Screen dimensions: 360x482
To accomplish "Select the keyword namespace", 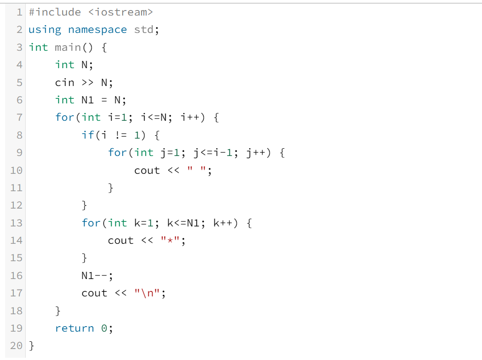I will tap(97, 30).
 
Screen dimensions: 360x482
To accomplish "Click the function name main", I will tap(67, 47).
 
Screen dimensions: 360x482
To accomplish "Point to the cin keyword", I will tap(64, 82).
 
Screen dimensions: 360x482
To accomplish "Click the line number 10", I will tap(16, 170).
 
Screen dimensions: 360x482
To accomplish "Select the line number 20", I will tap(16, 345).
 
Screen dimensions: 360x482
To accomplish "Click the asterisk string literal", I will tap(171, 241).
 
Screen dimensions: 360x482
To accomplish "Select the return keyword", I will tap(74, 328).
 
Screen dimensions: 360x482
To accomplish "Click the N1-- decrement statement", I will tap(97, 276).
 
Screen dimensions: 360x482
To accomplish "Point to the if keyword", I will tap(87, 135).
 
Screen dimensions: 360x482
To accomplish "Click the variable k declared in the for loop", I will tap(137, 223).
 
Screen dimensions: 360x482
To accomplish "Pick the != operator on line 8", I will tap(120, 135).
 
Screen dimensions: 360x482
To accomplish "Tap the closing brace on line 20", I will tap(32, 345).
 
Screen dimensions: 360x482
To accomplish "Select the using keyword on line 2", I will tap(44, 30).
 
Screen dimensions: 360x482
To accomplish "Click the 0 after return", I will tap(104, 328).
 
